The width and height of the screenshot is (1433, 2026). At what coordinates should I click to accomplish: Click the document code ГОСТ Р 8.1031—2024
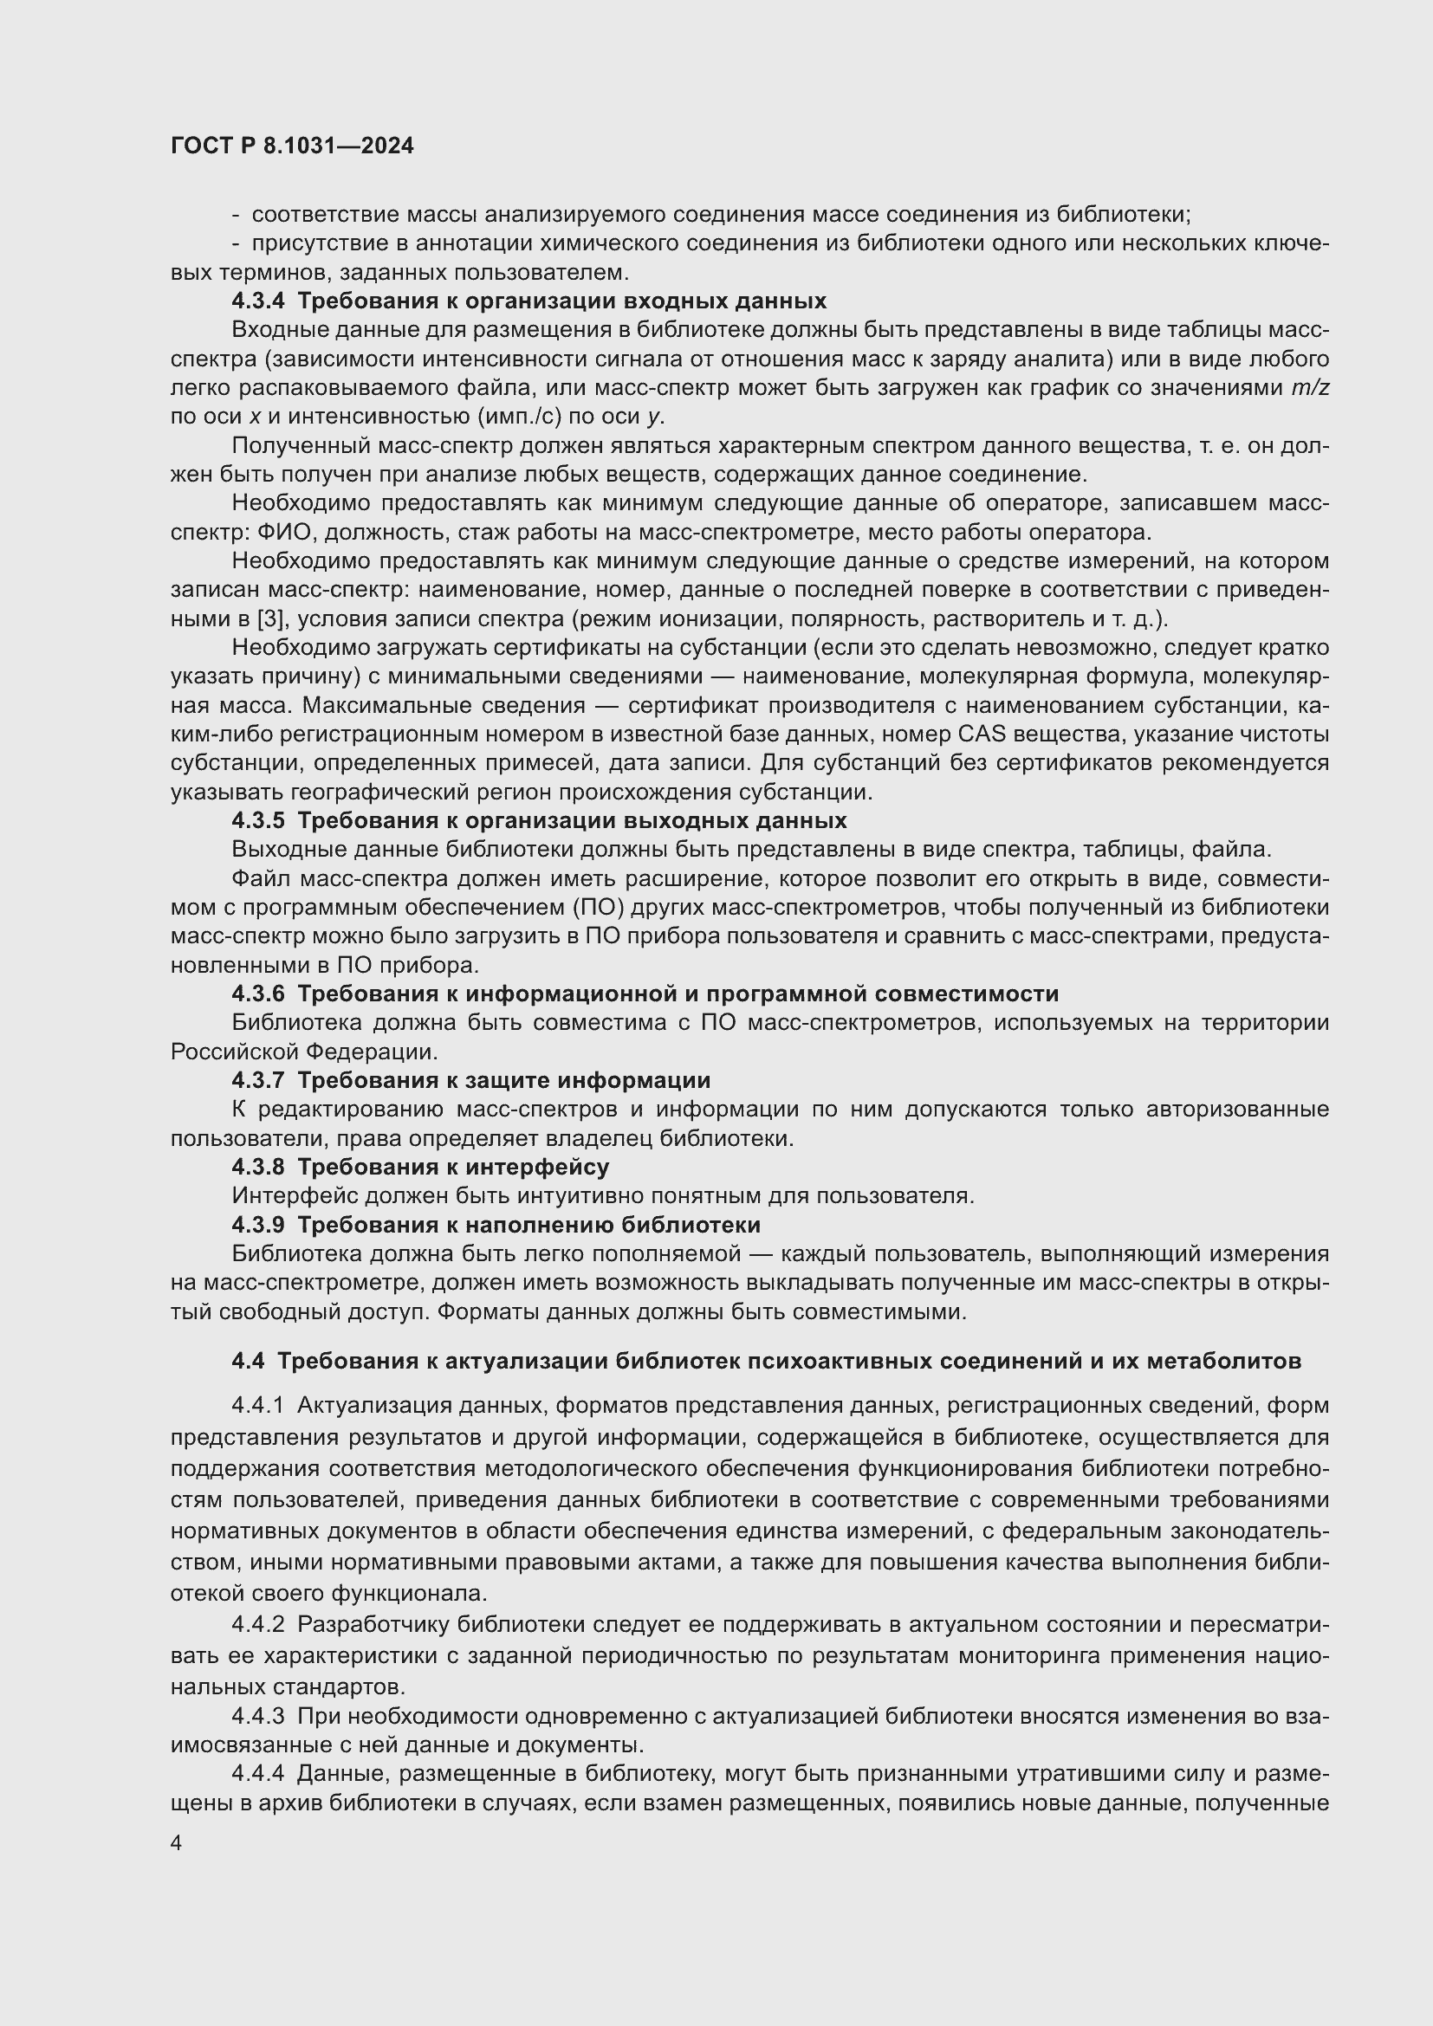point(292,146)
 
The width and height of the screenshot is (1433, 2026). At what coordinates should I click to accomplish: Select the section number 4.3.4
point(257,301)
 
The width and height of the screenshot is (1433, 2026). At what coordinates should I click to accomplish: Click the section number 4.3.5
point(257,820)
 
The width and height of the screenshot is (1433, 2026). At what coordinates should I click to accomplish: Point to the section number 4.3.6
point(257,994)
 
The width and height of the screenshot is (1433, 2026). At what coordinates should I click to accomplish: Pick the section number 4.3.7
point(257,1080)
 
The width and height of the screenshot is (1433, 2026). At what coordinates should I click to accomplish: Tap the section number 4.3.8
point(257,1167)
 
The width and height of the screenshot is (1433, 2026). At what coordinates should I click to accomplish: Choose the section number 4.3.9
point(257,1225)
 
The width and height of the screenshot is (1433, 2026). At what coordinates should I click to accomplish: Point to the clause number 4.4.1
point(257,1405)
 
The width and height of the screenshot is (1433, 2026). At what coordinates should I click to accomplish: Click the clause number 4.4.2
point(257,1624)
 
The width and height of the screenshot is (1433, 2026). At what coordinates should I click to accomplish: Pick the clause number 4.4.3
point(257,1716)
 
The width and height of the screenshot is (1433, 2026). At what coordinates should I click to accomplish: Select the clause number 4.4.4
point(257,1774)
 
